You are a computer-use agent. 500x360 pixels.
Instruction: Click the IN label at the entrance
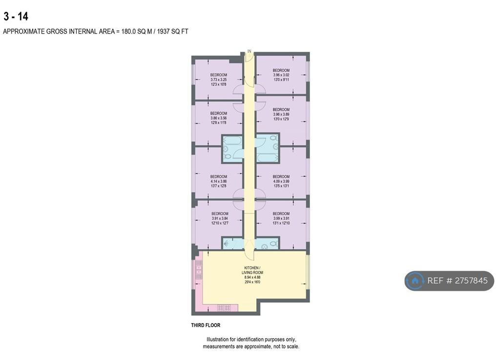[250, 51]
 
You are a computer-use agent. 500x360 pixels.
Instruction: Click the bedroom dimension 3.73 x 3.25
[219, 80]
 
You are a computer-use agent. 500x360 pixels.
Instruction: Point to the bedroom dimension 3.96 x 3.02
[281, 75]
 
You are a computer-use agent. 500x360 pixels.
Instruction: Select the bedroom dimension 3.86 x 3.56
[219, 118]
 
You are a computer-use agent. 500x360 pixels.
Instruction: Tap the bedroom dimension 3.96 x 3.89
[281, 114]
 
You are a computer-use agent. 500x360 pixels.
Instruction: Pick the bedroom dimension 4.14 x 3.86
[219, 181]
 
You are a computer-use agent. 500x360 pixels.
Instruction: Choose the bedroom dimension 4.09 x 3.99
[281, 181]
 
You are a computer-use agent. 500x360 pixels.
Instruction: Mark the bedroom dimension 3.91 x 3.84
[220, 219]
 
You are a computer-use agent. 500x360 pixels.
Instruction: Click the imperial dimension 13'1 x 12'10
[281, 223]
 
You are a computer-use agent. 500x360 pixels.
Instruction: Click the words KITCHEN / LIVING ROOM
[252, 270]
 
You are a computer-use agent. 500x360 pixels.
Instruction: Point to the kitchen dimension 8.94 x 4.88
[252, 278]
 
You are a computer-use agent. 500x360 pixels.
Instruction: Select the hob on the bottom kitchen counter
[224, 308]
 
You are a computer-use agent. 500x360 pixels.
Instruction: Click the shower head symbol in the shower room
[226, 244]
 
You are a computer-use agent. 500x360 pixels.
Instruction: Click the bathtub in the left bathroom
[232, 141]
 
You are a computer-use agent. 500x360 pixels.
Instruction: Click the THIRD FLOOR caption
[206, 325]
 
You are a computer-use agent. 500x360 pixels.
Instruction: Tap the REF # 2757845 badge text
[457, 280]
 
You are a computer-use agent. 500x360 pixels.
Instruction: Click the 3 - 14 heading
[16, 16]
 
